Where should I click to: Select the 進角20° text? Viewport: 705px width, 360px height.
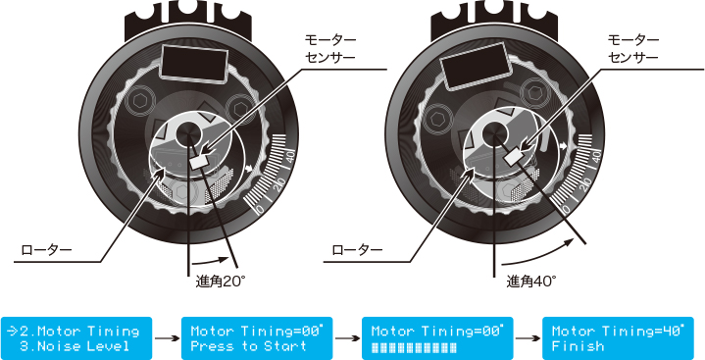coord(220,282)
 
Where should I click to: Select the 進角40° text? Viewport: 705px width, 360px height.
coord(530,282)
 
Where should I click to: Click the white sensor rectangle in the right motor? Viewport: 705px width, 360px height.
coord(513,156)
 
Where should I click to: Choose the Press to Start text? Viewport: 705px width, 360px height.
coord(248,345)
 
